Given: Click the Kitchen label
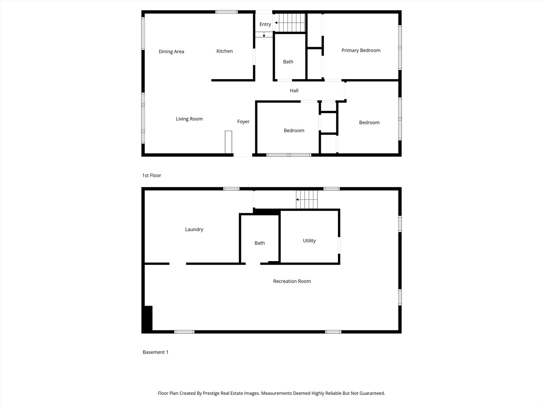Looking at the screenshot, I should pos(224,51).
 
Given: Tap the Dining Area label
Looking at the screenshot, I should pos(171,52).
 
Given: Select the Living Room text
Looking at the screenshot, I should pos(189,119).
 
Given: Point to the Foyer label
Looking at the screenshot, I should pos(243,122).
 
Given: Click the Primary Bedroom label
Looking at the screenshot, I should pos(361,50).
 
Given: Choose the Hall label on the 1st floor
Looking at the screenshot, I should pos(294,91).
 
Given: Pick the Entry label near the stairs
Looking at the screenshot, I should pos(265,24).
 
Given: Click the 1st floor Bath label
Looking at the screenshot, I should pos(288,62).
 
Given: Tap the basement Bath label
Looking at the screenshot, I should pos(259,243).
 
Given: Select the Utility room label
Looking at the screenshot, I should pos(309,241).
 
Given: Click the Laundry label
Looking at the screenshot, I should pos(194,230).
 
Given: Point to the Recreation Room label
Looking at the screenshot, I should pos(292,281).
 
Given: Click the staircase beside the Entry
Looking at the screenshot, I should pos(290,23).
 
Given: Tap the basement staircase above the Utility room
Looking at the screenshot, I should pos(307,199).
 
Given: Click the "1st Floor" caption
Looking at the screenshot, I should pos(151,176).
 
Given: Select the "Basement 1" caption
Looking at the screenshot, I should pos(155,352).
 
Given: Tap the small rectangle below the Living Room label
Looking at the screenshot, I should pos(229,142).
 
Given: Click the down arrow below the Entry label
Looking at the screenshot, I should pos(264,35).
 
